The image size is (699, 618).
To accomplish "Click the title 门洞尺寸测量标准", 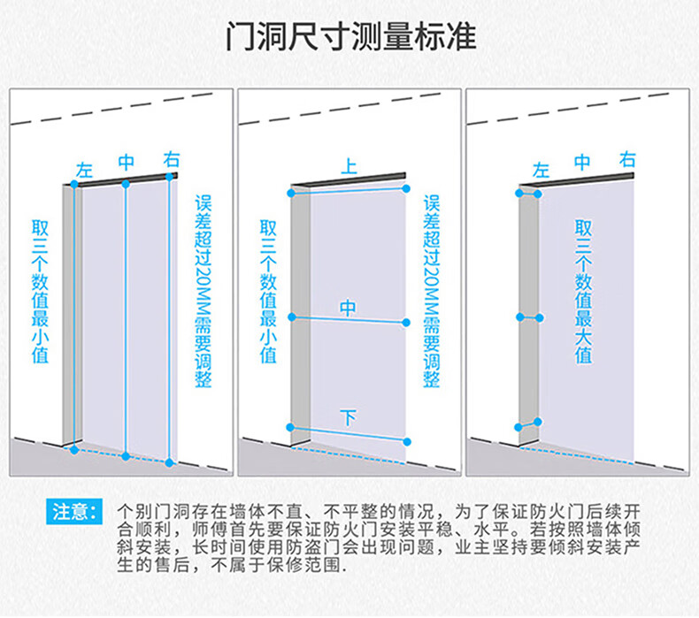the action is coord(351,36).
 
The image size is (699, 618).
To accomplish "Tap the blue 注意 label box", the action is coord(74,512).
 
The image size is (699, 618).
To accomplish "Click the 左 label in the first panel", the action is coord(84,171).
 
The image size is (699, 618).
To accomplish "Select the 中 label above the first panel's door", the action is coord(127,162).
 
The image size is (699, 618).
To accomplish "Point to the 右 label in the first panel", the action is coord(172,159).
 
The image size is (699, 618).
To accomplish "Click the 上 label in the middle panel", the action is coord(349,165).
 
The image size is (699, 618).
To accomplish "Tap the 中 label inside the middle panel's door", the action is coord(348,308).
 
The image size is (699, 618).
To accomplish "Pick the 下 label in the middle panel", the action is coord(348,418).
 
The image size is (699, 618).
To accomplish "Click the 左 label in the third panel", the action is coord(541,171).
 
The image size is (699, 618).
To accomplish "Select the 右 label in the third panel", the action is coord(627,159).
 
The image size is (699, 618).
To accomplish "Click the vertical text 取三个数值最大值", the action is coord(584,292).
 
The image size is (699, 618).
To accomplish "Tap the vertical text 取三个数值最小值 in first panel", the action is coord(40,292).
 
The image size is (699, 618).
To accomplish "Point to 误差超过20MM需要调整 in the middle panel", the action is coord(432,291).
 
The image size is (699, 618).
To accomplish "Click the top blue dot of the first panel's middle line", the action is coord(126,184).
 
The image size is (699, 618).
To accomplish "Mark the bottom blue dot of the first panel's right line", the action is coord(169,463).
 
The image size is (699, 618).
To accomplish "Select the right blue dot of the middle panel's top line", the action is coord(406,189).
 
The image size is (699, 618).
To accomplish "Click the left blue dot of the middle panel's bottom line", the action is coord(290,427).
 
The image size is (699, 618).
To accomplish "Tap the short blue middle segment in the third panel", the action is coord(530,317).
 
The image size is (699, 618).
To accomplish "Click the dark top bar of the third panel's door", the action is coord(576,179).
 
